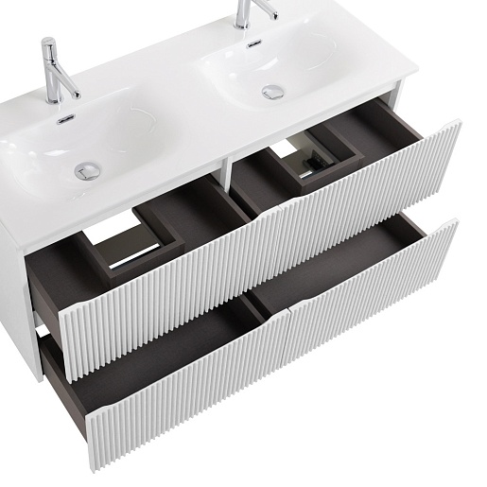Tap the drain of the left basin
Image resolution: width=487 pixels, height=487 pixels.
tap(87, 170)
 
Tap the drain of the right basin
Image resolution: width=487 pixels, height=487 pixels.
tap(273, 93)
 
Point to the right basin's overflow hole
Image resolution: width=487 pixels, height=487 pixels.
tap(252, 43)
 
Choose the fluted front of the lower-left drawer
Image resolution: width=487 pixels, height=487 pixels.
tap(170, 397)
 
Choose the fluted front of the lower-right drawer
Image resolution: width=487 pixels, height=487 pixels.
tap(378, 293)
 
